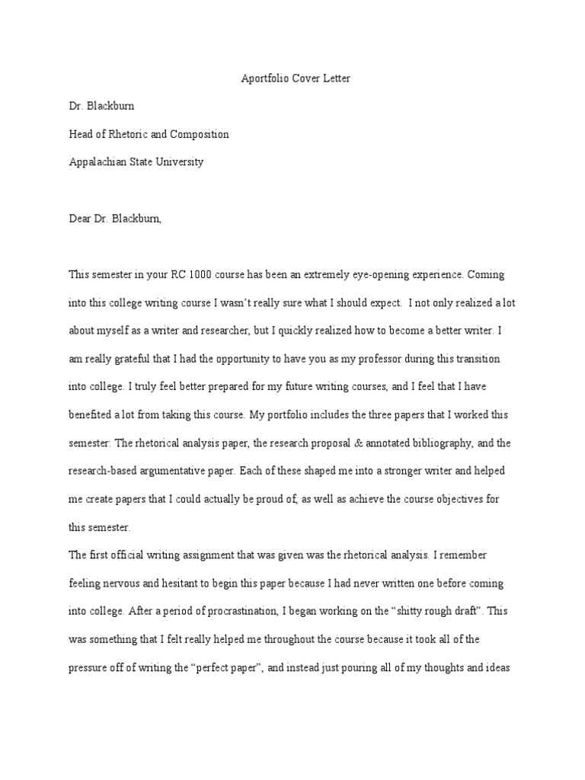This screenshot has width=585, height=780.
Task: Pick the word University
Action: click(180, 162)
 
